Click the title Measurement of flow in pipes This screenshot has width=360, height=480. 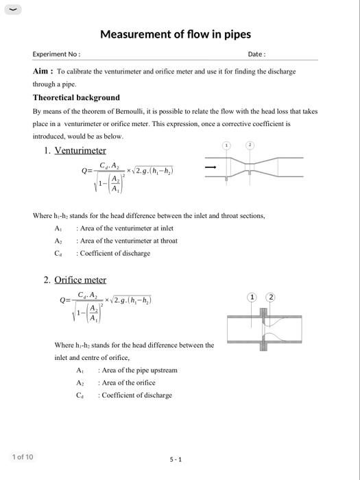(x=176, y=34)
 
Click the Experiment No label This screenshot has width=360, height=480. (x=56, y=54)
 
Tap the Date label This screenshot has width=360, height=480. (x=256, y=54)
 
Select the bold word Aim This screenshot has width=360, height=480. (x=42, y=71)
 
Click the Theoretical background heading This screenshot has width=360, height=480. (x=76, y=97)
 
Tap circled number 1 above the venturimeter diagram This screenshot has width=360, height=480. (x=227, y=146)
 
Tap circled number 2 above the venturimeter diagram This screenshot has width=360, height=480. (x=250, y=145)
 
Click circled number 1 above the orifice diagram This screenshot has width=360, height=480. (x=252, y=297)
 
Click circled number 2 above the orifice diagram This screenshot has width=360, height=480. (x=271, y=297)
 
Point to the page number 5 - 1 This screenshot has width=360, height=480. (x=176, y=459)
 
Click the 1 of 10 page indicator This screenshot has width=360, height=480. (x=22, y=457)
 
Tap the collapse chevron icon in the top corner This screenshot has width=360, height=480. (x=12, y=9)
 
